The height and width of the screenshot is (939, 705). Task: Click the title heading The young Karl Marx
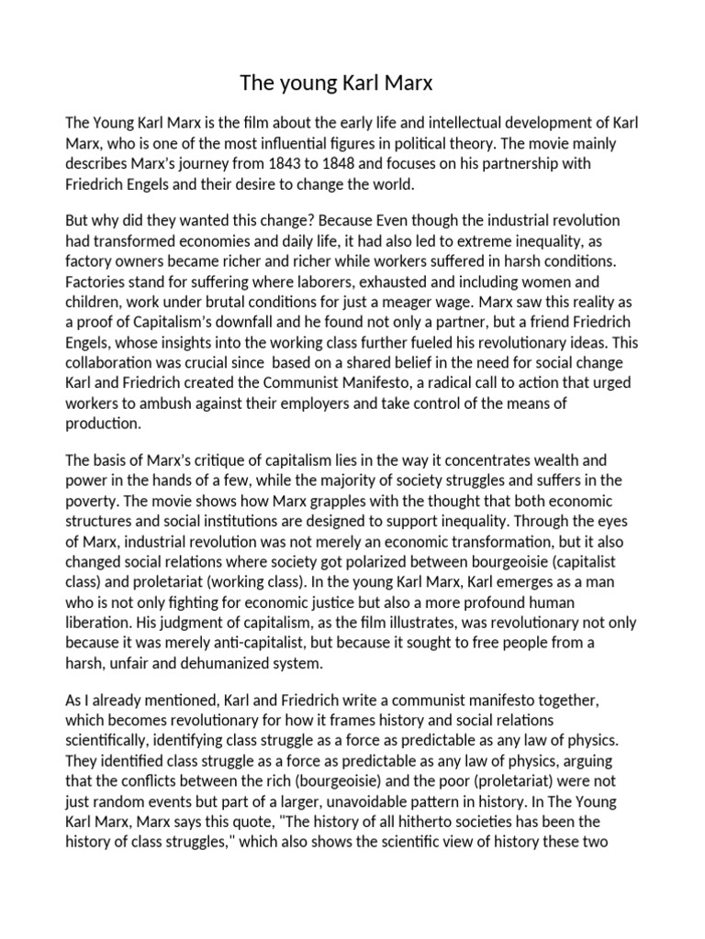point(335,84)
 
